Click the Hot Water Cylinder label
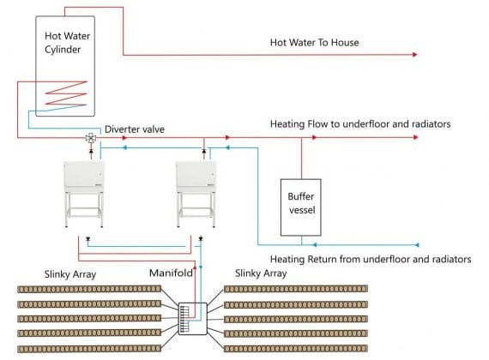pyautogui.click(x=67, y=43)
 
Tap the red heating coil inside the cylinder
pyautogui.click(x=66, y=93)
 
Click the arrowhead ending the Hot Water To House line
pyautogui.click(x=414, y=55)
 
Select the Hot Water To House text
pyautogui.click(x=314, y=42)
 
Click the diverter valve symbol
pyautogui.click(x=91, y=138)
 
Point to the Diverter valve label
pyautogui.click(x=135, y=129)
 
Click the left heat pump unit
pyautogui.click(x=84, y=194)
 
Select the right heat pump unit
pyautogui.click(x=196, y=194)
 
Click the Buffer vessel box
pyautogui.click(x=300, y=207)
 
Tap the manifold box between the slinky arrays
pyautogui.click(x=193, y=319)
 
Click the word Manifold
pyautogui.click(x=171, y=273)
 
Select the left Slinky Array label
pyautogui.click(x=70, y=274)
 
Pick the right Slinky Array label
pyautogui.click(x=261, y=273)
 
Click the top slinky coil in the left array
pyautogui.click(x=89, y=289)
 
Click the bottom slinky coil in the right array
pyautogui.click(x=296, y=349)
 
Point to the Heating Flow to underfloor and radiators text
pyautogui.click(x=360, y=124)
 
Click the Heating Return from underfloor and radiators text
pyautogui.click(x=371, y=260)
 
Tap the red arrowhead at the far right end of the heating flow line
pyautogui.click(x=415, y=137)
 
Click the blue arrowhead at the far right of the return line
pyautogui.click(x=417, y=245)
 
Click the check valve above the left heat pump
pyautogui.click(x=91, y=151)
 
